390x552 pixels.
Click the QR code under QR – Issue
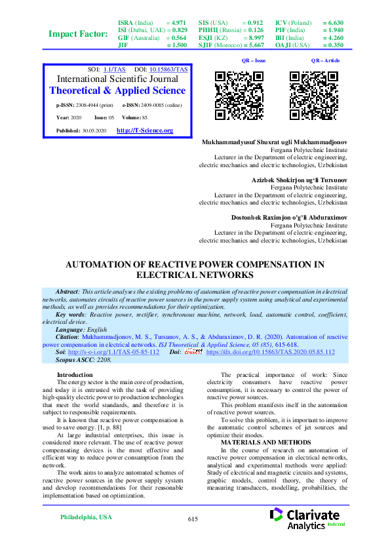[240, 96]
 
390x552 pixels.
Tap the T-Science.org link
[144, 130]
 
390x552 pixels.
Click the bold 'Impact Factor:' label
[79, 33]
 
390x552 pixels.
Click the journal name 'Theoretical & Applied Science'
[117, 90]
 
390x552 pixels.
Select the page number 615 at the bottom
[192, 519]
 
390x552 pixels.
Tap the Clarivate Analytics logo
[306, 518]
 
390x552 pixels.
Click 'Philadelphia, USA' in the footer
[86, 517]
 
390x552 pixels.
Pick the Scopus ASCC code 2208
[104, 360]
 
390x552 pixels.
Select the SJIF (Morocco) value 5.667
[252, 45]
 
